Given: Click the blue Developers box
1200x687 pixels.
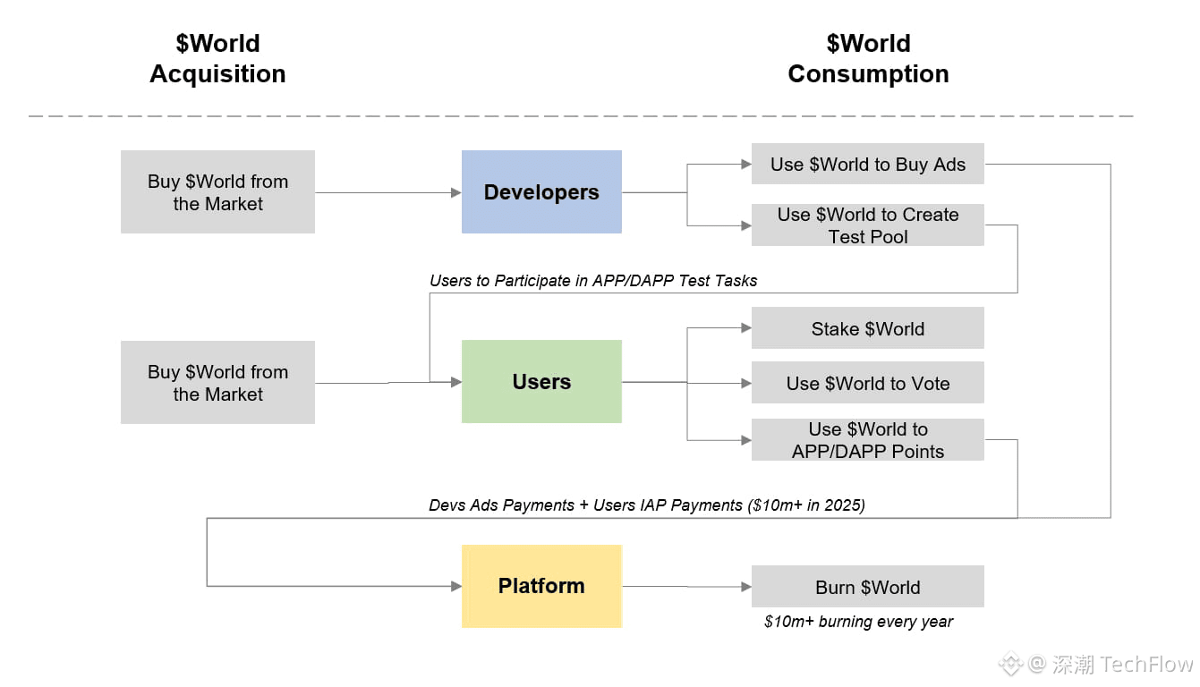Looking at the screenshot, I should [541, 192].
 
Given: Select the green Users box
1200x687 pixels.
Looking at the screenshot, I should [541, 382].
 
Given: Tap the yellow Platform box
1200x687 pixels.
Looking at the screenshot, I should [541, 586].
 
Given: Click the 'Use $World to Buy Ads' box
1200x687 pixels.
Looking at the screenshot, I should [867, 165].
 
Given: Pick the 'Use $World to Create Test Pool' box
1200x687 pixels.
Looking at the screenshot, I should [867, 225].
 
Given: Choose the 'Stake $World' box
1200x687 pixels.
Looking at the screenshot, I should [867, 329].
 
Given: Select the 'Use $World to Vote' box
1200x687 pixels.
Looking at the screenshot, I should [867, 384].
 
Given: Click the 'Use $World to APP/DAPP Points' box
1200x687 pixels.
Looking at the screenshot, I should [867, 440].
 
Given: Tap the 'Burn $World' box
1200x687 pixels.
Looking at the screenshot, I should [867, 588].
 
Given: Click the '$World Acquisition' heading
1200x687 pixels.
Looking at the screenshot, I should [217, 59].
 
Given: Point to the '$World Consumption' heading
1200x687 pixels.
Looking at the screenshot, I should [868, 59].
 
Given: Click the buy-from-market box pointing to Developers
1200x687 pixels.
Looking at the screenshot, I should [217, 192].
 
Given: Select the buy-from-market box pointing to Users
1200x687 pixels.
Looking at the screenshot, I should [217, 383].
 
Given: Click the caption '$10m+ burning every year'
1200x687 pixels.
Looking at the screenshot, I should [858, 622].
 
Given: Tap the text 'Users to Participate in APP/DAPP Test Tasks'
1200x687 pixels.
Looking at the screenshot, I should [593, 281].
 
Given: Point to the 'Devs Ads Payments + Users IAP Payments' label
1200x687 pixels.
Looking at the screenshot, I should [647, 505].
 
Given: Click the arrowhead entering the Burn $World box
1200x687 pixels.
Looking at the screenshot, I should [745, 587].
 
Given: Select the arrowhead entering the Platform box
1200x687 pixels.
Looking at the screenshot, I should [455, 586].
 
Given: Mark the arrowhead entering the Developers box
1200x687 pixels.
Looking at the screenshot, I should [455, 192].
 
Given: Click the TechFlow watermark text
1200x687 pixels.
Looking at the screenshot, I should [1122, 665].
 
